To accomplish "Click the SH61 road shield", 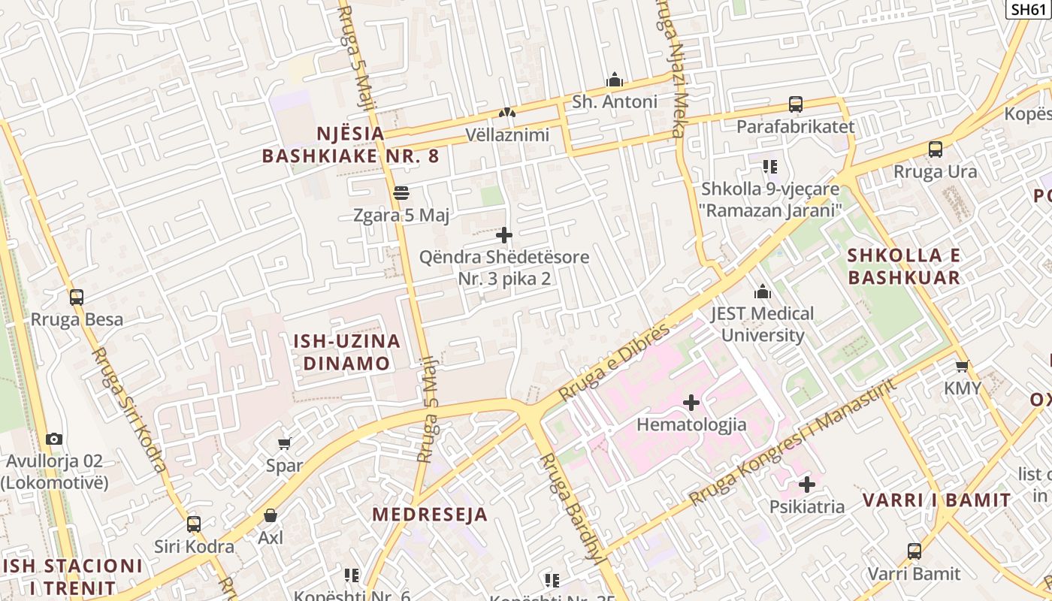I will coord(1028,9).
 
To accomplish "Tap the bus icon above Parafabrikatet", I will coord(795,104).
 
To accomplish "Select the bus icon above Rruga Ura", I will coord(935,149).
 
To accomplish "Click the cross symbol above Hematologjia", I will coord(691,403).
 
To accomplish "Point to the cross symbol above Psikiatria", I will coord(807,485).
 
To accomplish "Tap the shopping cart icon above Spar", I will coord(284,443).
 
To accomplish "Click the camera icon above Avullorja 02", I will coord(54,439).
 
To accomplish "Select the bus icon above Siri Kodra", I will coord(194,524).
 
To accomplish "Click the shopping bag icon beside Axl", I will coord(270,516).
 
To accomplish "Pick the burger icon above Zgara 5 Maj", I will coord(401,193).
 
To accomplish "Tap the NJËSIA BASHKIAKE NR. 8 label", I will coord(350,145).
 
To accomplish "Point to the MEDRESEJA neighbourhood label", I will coord(430,515).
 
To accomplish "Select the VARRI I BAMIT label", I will coord(936,500).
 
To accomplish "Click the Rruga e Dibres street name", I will coord(614,363).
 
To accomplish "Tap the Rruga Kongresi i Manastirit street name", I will coord(793,442).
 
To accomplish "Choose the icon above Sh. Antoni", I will coord(615,80).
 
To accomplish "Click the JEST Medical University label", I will coord(763,324).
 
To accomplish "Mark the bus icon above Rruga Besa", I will coord(77,297).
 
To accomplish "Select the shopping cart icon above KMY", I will coord(962,367).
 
